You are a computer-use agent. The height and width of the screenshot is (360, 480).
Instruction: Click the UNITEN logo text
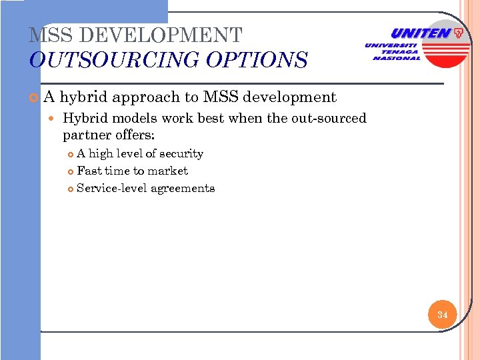pyautogui.click(x=420, y=33)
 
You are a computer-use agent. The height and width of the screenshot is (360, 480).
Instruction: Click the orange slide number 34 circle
pyautogui.click(x=443, y=313)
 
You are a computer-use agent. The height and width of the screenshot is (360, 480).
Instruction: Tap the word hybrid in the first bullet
pyautogui.click(x=84, y=97)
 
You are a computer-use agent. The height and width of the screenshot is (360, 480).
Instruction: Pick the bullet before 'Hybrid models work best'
pyautogui.click(x=54, y=119)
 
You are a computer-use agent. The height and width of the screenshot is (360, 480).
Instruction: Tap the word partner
pyautogui.click(x=85, y=135)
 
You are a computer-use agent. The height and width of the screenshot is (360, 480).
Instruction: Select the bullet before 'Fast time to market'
pyautogui.click(x=71, y=171)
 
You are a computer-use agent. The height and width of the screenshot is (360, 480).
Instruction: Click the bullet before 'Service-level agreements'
pyautogui.click(x=71, y=189)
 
